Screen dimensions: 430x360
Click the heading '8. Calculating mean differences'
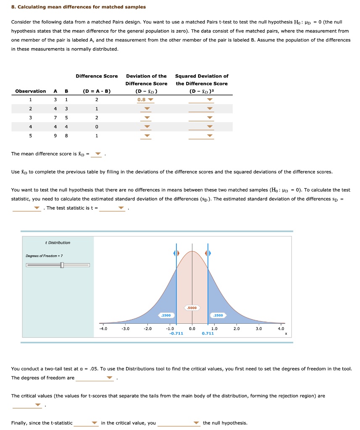[x=79, y=7]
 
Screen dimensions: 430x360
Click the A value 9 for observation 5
[x=55, y=136]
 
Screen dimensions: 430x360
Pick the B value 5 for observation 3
[x=66, y=118]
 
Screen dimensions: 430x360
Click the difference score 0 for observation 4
[x=97, y=127]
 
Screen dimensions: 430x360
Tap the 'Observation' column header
[x=30, y=91]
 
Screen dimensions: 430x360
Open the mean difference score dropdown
[x=97, y=154]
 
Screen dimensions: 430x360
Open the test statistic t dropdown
[x=113, y=208]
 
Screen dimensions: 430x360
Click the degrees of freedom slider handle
[x=62, y=265]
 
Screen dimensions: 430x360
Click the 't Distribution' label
[x=58, y=243]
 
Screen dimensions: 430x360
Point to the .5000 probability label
[x=192, y=308]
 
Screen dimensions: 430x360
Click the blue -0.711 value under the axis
[x=176, y=333]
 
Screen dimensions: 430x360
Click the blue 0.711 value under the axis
[x=208, y=333]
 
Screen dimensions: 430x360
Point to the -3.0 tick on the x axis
[x=125, y=329]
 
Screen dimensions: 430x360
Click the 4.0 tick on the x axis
[x=281, y=329]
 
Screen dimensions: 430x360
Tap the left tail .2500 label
[x=166, y=315]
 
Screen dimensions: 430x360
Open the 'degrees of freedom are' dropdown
[x=95, y=378]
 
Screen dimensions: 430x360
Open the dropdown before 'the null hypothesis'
[x=179, y=423]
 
